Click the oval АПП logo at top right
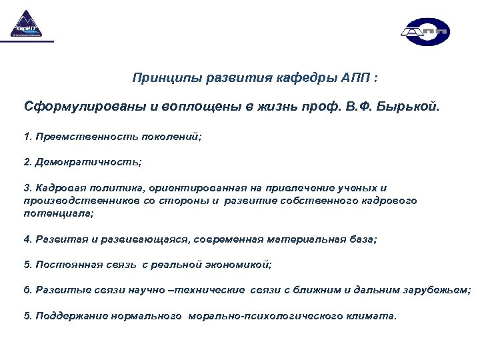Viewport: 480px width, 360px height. (x=425, y=31)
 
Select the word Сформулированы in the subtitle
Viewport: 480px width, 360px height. (x=77, y=107)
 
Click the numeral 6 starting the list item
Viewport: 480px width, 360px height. (x=27, y=290)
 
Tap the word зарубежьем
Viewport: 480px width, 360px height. (x=437, y=290)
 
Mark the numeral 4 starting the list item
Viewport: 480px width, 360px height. (x=27, y=239)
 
